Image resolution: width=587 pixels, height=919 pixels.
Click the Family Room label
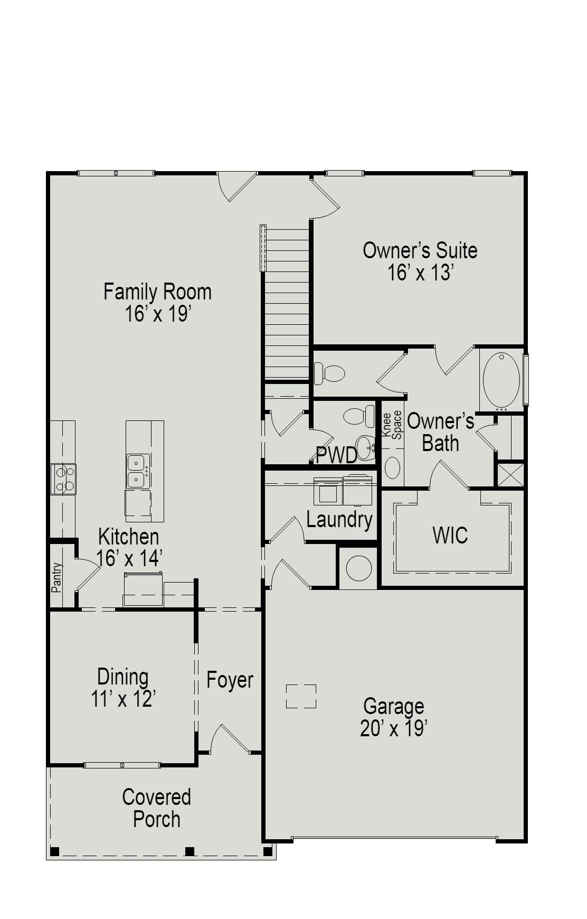tap(157, 292)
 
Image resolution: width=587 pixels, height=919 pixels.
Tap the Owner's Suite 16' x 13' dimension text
tap(421, 273)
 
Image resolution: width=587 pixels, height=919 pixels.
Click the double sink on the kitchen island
tap(138, 471)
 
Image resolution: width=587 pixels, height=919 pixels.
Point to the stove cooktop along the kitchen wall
tap(63, 479)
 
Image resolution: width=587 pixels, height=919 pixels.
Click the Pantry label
tap(56, 577)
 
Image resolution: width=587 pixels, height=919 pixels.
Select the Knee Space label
tap(392, 425)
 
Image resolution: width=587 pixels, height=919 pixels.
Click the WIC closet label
tap(450, 535)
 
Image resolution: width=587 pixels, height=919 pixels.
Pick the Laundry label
tap(339, 519)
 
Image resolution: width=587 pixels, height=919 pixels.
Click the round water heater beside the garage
tap(359, 568)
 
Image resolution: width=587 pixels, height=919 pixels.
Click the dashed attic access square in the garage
tap(301, 696)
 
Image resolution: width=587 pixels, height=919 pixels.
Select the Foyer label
tap(230, 680)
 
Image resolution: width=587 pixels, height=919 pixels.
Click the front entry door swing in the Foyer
tap(228, 739)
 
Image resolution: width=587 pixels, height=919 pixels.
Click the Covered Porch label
tap(156, 808)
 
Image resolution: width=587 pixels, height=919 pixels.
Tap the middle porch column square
tap(190, 851)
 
